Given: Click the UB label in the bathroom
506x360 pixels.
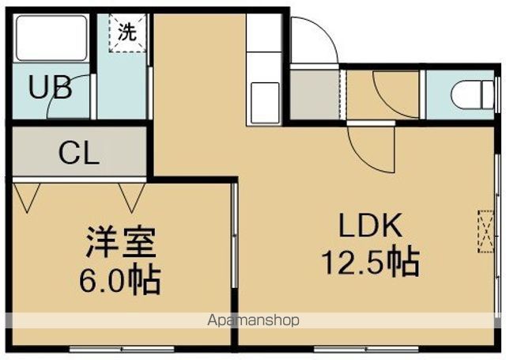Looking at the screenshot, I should click(51, 87).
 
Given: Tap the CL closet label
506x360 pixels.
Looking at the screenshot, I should click(79, 152).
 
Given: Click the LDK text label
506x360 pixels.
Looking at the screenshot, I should click(371, 227).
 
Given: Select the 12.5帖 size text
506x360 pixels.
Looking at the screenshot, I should click(369, 261).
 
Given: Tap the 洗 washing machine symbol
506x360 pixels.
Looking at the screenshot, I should click(126, 33).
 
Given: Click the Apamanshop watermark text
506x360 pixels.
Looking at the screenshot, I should click(253, 320).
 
